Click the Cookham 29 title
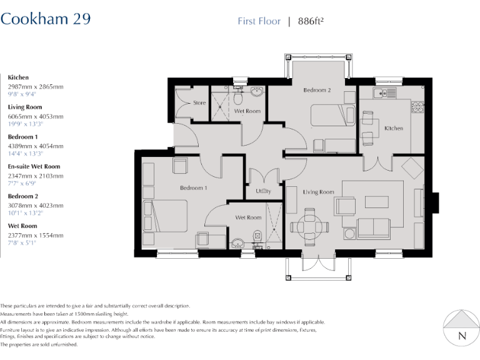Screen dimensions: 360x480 [x=46, y=19]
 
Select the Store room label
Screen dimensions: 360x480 [x=199, y=102]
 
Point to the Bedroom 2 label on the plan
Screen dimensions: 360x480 [x=317, y=90]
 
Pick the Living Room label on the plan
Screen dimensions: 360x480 [x=319, y=192]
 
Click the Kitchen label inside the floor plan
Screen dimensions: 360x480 [x=394, y=128]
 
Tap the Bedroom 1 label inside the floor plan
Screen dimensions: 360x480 [x=193, y=187]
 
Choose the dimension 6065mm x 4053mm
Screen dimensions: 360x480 [x=35, y=116]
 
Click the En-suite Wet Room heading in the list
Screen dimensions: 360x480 [x=34, y=167]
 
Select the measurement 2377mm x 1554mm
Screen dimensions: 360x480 [x=35, y=235]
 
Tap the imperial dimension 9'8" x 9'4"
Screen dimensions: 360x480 [x=22, y=94]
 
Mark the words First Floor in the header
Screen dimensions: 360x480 [x=259, y=21]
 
